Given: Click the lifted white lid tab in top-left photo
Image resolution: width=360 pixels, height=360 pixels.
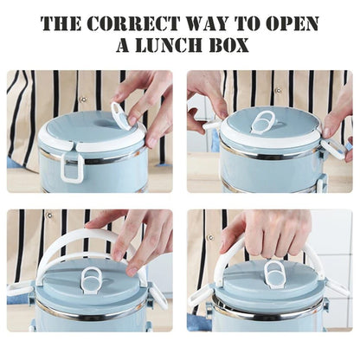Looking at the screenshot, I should [x=120, y=114].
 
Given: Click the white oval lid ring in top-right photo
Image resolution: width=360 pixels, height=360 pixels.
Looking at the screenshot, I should [x=263, y=121].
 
